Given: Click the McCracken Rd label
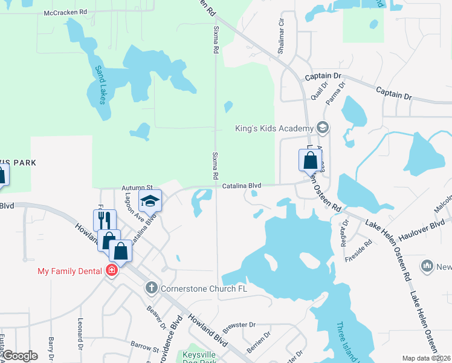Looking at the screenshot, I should [x=66, y=12].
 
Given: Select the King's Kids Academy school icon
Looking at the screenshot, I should [x=323, y=127].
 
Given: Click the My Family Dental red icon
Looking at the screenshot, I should [x=111, y=270].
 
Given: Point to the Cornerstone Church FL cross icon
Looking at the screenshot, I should [x=151, y=289].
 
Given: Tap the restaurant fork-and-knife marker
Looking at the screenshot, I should [x=105, y=219].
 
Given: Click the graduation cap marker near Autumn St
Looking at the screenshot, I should [x=150, y=201].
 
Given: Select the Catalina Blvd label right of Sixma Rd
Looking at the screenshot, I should [x=241, y=186].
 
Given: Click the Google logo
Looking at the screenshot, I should [x=20, y=356].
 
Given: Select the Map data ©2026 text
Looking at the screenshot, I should [x=425, y=358].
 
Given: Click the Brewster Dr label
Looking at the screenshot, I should [x=240, y=325].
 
